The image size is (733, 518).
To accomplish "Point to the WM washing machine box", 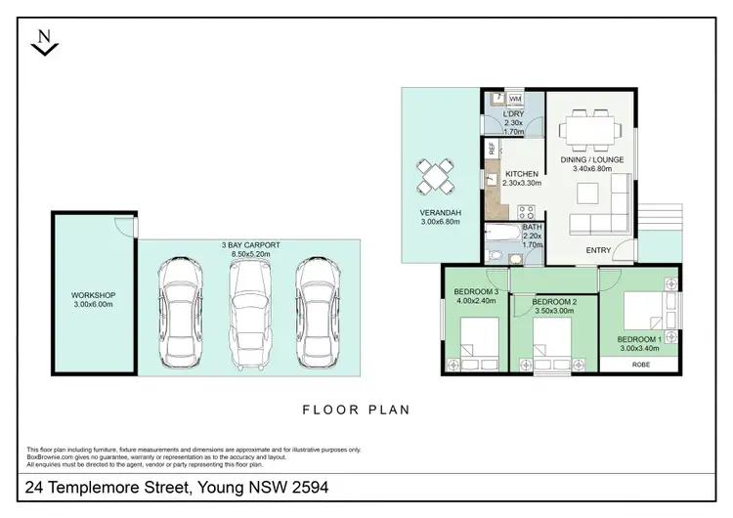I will click(515, 99).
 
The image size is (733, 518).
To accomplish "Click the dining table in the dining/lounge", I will click(589, 129).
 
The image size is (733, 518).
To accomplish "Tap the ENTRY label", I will click(598, 250).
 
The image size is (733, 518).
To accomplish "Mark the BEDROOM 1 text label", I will click(640, 339).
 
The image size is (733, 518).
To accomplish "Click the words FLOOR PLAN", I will click(356, 410).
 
